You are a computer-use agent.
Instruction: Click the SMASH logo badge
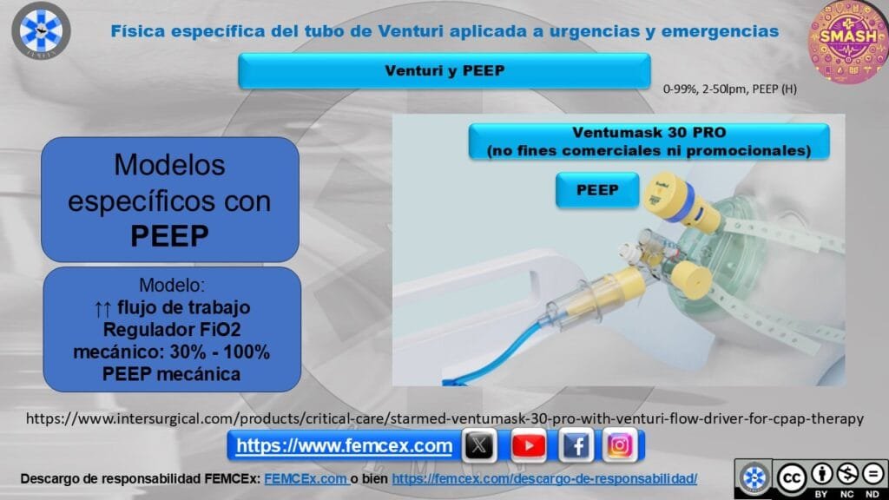click(x=848, y=41)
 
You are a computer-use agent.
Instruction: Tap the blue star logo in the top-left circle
click(x=41, y=30)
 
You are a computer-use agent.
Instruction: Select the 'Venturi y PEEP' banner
click(x=444, y=71)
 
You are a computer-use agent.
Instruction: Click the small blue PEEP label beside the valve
click(x=597, y=190)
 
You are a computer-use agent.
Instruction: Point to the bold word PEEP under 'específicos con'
click(x=169, y=236)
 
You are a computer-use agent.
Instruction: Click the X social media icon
click(x=479, y=445)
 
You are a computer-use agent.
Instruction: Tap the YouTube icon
click(x=529, y=445)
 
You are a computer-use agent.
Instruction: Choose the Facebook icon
click(x=576, y=445)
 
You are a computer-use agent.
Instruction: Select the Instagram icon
click(x=620, y=445)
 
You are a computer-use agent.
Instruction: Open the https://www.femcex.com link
click(x=344, y=446)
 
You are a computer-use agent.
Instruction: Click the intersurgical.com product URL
click(x=444, y=419)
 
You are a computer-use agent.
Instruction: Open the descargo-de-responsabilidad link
click(x=544, y=479)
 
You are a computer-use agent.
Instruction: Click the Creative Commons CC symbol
click(x=792, y=478)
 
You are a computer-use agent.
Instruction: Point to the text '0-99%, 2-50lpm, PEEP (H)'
click(x=729, y=89)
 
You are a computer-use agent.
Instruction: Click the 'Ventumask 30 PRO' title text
click(x=649, y=133)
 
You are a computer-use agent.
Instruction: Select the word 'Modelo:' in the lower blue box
click(x=172, y=285)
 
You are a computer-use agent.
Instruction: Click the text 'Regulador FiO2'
click(x=172, y=329)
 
